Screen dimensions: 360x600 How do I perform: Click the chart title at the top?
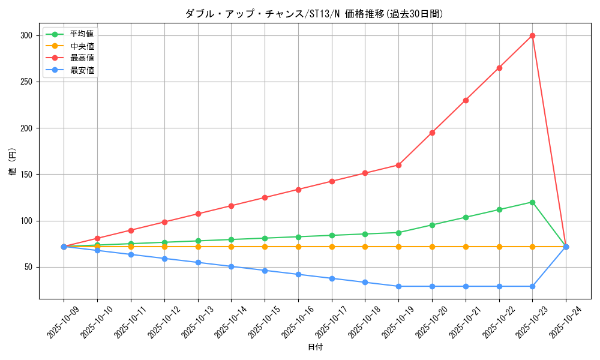(x=314, y=14)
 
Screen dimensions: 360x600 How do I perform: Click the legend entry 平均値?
(x=81, y=34)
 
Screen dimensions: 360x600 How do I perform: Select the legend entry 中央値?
(x=81, y=46)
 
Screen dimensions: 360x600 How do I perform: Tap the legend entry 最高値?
(x=81, y=58)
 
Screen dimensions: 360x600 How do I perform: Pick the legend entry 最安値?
(x=81, y=70)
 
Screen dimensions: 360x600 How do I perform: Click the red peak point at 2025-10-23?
(x=532, y=35)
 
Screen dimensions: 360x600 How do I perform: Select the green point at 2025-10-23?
(x=532, y=202)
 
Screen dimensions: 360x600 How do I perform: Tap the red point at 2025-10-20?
(x=432, y=133)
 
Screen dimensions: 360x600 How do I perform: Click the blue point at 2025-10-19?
(x=398, y=286)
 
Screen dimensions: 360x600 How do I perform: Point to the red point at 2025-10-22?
(x=499, y=68)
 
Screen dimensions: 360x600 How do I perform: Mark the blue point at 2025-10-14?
(x=231, y=266)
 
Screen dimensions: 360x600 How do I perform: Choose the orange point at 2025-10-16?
(x=298, y=247)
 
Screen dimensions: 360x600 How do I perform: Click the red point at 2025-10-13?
(x=197, y=214)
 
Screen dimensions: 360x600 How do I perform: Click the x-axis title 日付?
(x=314, y=347)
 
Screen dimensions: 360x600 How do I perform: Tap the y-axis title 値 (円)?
(x=12, y=163)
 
